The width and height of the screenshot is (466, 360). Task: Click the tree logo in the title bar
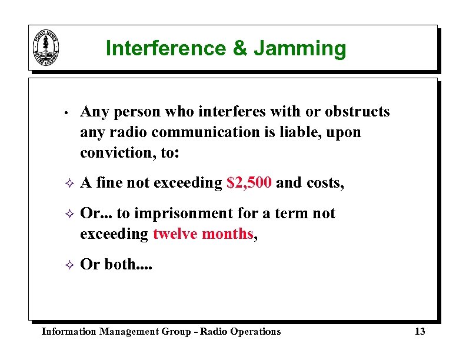pos(47,48)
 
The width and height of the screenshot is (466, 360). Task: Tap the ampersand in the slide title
pos(241,48)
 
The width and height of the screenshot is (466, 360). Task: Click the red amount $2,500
pos(249,183)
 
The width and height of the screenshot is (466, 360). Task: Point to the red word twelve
pos(175,234)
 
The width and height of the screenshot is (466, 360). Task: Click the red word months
pos(227,234)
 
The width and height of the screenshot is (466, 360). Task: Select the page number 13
pos(420,332)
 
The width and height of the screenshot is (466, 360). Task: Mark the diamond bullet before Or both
pos(68,265)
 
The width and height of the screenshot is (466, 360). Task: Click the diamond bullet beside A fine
pos(68,184)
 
